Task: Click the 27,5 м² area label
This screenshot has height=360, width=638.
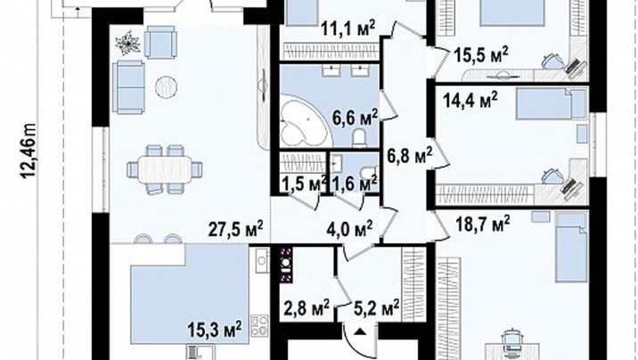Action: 236,229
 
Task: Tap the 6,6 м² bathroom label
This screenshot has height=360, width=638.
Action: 356,118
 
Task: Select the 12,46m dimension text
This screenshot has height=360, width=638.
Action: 29,151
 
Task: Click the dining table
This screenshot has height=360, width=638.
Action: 164,169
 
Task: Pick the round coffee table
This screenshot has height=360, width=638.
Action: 166,87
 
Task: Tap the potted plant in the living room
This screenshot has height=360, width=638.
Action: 127,42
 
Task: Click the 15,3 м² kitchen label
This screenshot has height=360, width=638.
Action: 215,328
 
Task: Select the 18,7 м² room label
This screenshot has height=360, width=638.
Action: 483,224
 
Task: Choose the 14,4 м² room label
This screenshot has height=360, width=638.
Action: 470,101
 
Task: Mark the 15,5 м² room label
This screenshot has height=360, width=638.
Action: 481,55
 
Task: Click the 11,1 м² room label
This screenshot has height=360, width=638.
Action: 348,29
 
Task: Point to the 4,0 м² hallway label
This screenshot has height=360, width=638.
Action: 349,228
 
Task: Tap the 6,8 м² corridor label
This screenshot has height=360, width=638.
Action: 409,155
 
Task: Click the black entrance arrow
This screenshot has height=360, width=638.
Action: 359,332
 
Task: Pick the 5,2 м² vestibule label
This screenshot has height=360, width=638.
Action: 376,308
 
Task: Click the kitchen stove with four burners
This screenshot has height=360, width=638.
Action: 259,325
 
